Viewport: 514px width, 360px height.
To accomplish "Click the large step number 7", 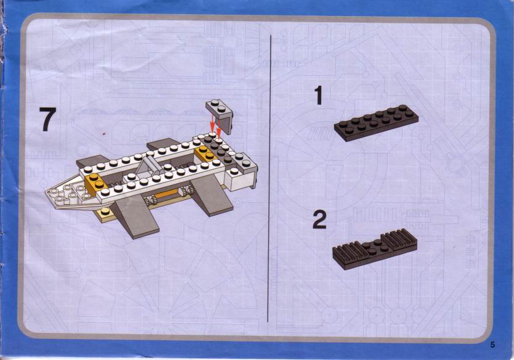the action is (x=47, y=119).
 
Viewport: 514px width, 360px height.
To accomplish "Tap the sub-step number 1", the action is (x=319, y=96).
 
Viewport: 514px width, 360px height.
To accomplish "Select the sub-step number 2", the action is (x=319, y=219).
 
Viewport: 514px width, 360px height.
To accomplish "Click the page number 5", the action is (x=492, y=345).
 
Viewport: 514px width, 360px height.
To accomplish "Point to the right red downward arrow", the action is (x=218, y=126).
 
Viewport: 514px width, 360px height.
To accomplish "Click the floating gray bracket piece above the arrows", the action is (x=220, y=115).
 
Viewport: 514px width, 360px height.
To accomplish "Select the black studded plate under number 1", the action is (x=376, y=123).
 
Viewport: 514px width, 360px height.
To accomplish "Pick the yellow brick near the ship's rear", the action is (x=205, y=153).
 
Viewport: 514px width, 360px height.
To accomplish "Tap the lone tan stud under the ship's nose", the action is (x=105, y=211).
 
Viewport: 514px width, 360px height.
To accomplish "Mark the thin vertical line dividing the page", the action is (x=270, y=178).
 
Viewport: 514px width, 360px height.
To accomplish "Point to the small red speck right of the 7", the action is (x=104, y=134).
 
